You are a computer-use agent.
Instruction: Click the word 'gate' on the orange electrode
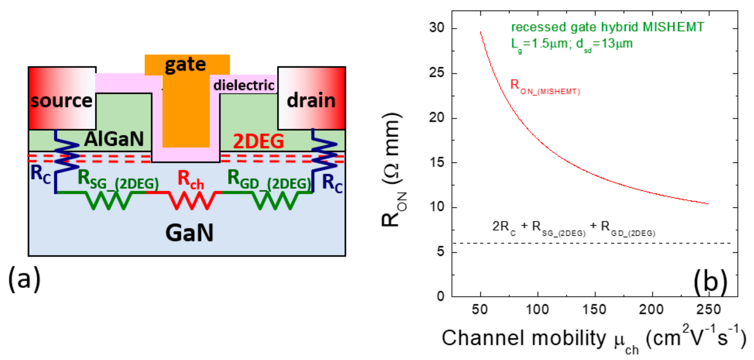185,65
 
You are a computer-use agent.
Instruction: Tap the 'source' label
61,101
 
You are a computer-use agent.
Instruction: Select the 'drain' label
311,100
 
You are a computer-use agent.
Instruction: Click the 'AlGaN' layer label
114,139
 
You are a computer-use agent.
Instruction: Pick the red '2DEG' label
258,141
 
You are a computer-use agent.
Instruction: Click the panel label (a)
24,279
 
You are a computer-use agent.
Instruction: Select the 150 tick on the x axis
595,309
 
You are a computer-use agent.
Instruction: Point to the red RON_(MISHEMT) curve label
545,87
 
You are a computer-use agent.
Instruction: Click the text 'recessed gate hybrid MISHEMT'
608,27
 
